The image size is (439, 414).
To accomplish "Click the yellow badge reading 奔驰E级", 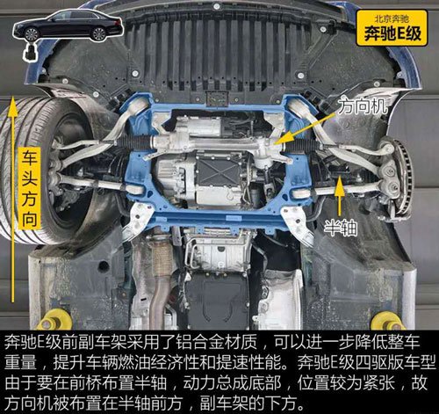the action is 392,28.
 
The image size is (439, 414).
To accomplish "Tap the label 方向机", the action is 363,106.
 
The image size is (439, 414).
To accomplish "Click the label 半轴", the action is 341,229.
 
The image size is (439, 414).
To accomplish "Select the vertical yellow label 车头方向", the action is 30,188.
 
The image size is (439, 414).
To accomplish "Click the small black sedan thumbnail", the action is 68,25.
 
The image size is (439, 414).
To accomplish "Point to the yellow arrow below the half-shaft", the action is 340,197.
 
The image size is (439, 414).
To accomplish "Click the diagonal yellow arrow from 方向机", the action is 304,129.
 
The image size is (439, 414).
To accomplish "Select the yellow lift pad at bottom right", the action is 387,321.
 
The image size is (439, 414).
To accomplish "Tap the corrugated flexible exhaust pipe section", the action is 161,258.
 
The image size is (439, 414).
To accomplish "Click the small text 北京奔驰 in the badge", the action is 392,19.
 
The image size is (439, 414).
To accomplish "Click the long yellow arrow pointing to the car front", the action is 12,199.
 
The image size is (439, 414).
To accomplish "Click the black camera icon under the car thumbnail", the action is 31,53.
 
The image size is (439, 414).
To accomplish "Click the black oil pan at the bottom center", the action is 218,301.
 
